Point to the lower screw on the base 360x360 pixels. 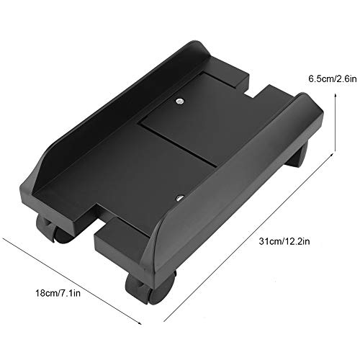(179, 196)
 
